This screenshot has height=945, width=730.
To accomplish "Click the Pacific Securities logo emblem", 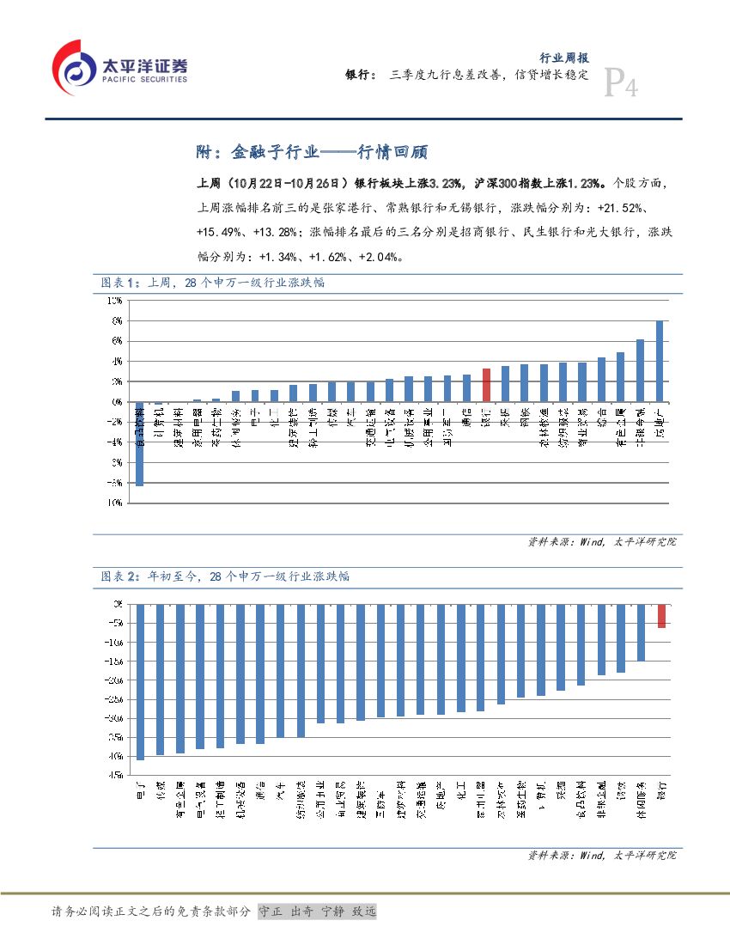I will [x=74, y=67].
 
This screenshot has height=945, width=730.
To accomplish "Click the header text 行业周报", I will [x=563, y=58].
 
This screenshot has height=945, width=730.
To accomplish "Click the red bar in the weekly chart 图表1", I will [x=485, y=385].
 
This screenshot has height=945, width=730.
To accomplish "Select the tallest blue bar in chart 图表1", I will [x=659, y=361].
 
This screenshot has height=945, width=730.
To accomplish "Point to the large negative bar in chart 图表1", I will [x=139, y=443].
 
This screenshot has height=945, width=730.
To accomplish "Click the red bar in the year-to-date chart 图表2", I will [x=661, y=616].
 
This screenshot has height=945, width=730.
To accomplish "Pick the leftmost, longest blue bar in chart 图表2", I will [x=140, y=681].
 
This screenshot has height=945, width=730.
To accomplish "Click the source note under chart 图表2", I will [x=601, y=856].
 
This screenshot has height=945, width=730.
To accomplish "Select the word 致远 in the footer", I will [x=365, y=911].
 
